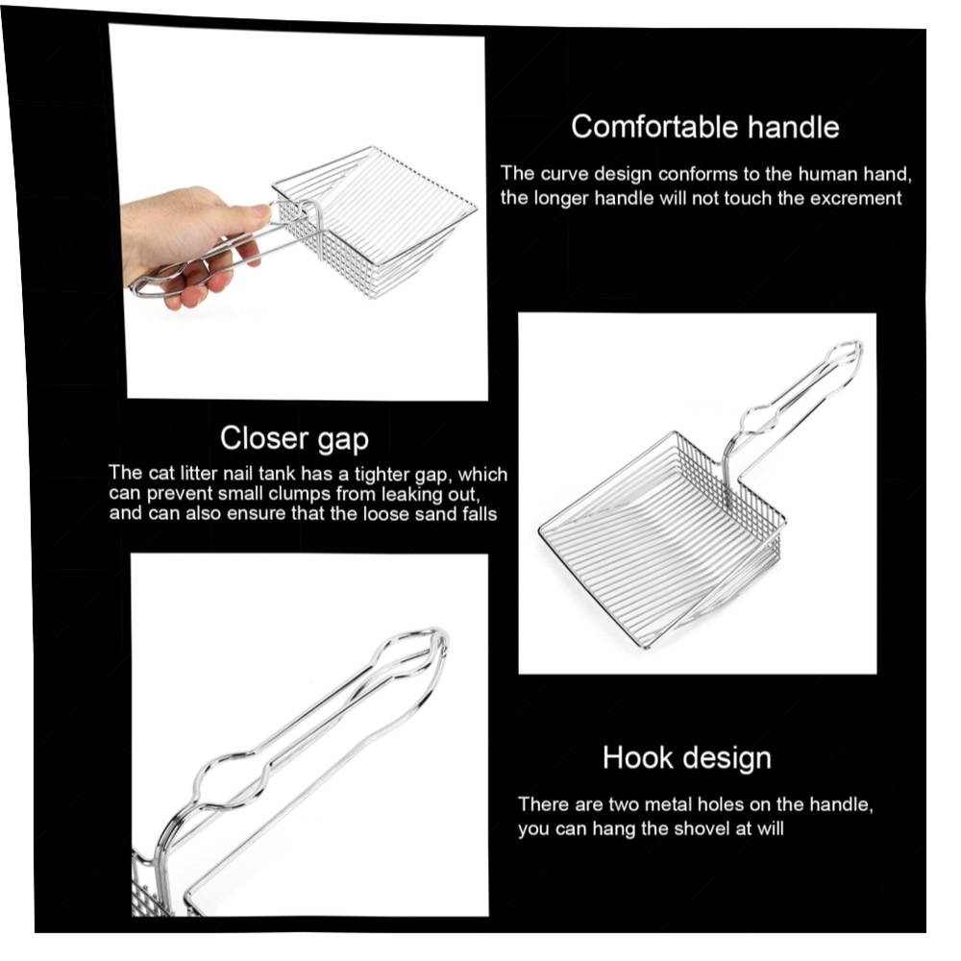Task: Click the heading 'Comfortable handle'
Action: (704, 127)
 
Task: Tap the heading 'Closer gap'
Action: (294, 439)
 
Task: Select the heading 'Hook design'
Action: (686, 758)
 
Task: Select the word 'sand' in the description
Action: (434, 513)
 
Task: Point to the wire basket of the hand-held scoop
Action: (375, 221)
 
